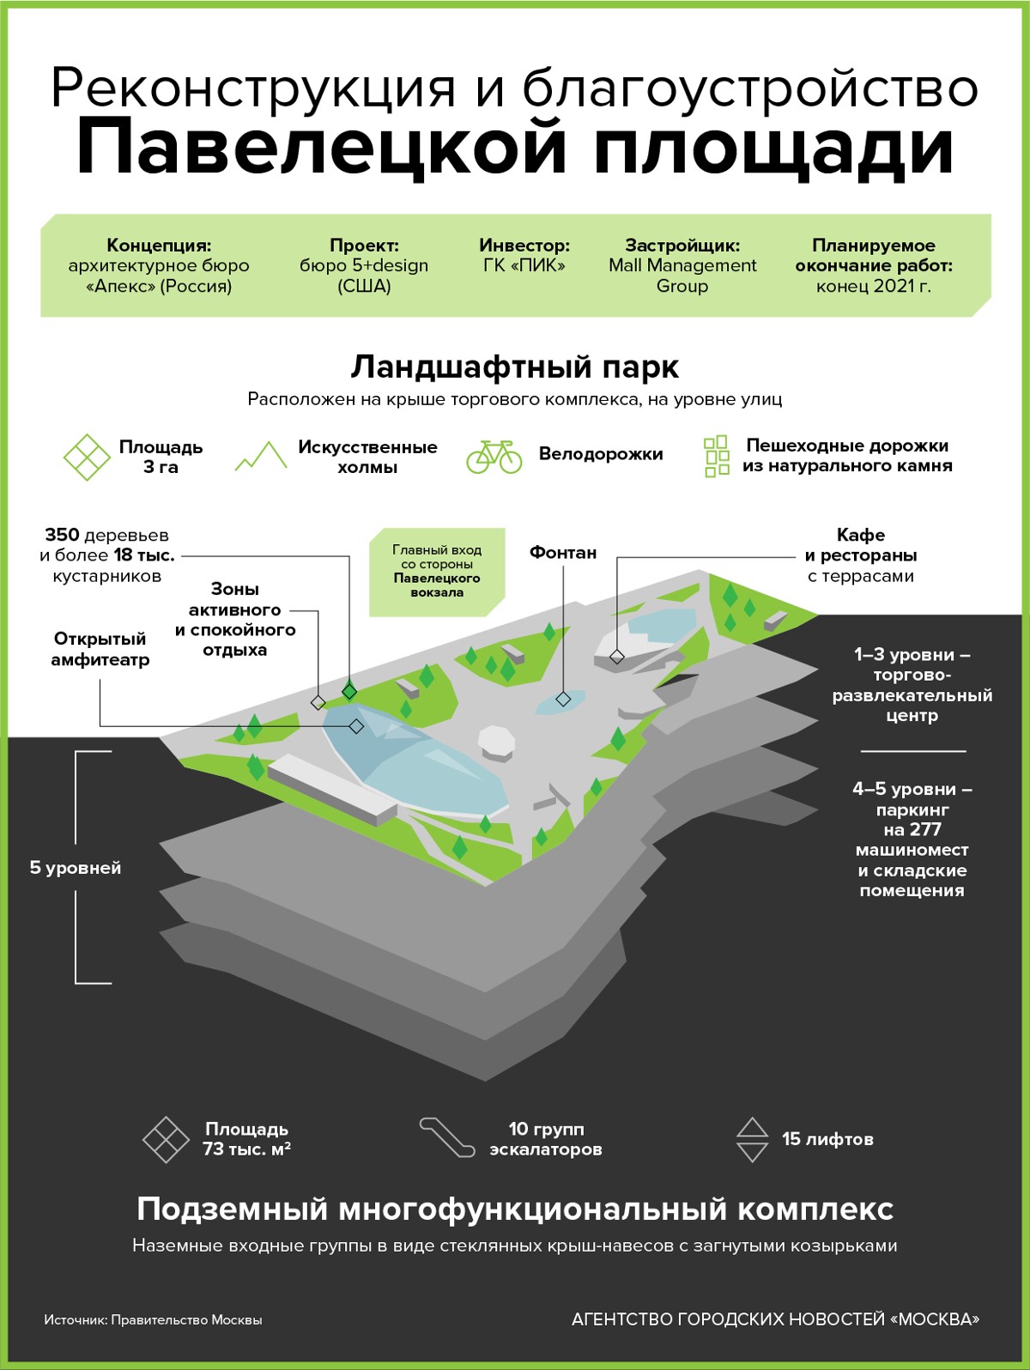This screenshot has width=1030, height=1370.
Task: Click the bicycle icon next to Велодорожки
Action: pos(494,457)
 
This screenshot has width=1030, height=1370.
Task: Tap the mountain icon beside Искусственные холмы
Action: pos(261,456)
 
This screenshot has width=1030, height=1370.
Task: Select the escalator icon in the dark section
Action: pos(446,1137)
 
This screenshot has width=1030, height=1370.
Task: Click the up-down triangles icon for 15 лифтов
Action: pos(752,1140)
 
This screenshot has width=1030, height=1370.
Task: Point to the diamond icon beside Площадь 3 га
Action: pos(87,457)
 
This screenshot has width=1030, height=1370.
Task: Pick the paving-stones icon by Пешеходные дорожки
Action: pos(716,456)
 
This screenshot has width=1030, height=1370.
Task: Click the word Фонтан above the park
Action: pos(562,553)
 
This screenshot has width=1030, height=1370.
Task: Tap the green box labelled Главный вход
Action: pos(437,572)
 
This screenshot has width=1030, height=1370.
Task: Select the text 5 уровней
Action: pos(76,868)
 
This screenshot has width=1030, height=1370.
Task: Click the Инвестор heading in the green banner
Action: pos(524,246)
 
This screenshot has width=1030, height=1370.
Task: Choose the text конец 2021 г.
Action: pos(873,287)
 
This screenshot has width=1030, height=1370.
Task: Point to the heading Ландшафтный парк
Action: pos(514,367)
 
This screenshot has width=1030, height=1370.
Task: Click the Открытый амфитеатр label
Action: pos(100,649)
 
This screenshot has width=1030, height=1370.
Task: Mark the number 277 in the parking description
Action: pos(924,830)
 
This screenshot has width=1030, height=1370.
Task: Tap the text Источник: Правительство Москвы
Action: pos(153,1320)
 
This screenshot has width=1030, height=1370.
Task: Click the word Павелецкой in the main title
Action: pos(322,148)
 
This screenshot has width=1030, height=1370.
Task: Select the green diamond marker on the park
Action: pos(349,691)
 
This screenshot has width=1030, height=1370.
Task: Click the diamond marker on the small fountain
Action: pos(563,700)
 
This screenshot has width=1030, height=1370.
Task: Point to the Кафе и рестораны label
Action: pos(860,555)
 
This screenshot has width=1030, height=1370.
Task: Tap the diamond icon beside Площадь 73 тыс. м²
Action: pos(166,1140)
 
